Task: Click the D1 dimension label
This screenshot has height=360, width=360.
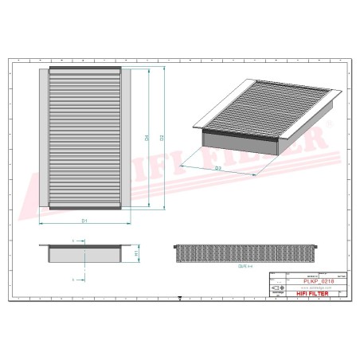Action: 84,219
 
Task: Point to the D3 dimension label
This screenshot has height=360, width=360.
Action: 217,169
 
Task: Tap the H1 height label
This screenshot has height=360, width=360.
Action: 136,253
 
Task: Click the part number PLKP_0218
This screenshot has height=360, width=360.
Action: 319,280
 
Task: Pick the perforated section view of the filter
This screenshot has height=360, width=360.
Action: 245,254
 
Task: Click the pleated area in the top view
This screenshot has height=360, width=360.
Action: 84,137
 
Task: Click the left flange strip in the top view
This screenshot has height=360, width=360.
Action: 44,137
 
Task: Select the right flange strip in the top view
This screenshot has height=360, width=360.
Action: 125,137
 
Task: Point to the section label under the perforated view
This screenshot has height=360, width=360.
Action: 245,268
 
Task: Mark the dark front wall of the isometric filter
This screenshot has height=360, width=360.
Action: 239,141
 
